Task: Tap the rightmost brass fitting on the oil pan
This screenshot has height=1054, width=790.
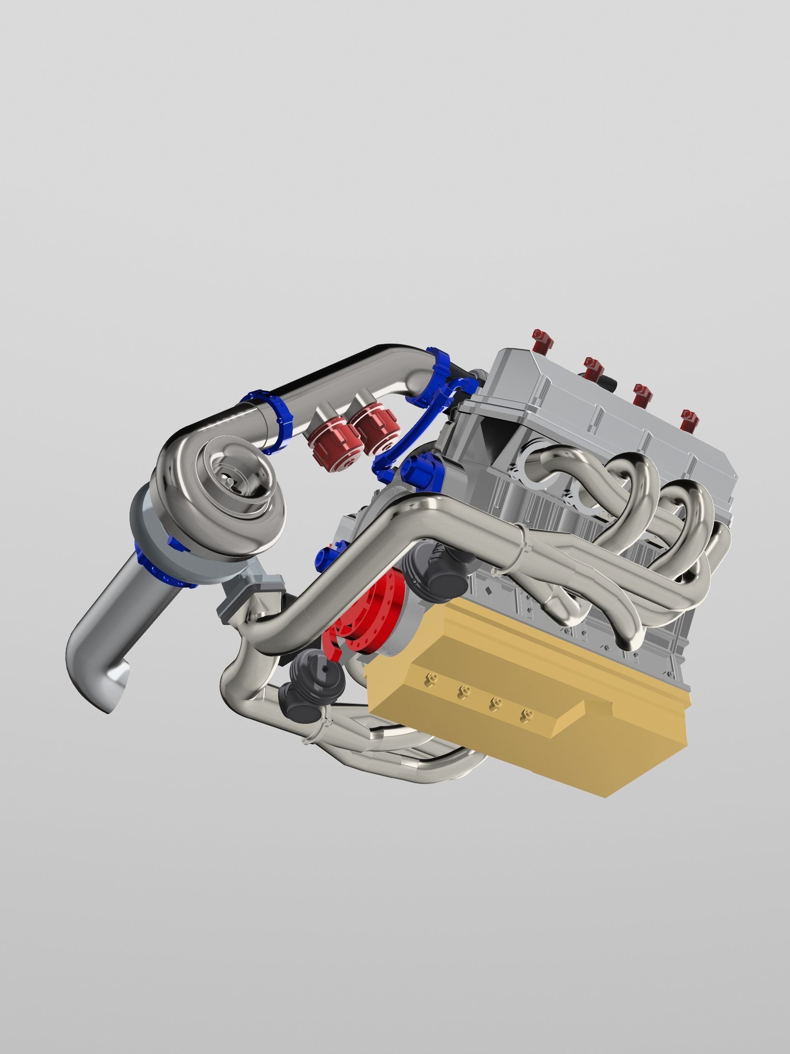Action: pyautogui.click(x=525, y=714)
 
